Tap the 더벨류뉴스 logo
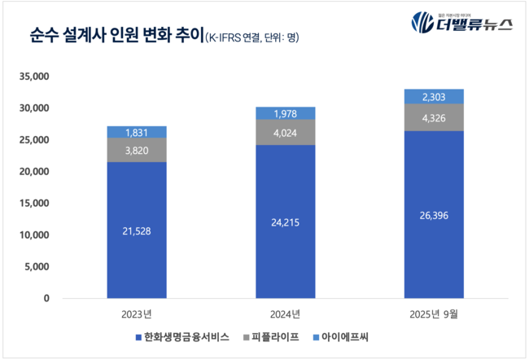[x=461, y=22]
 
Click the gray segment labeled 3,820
[x=137, y=150]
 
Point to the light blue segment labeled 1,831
[x=137, y=132]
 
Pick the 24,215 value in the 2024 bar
[x=286, y=222]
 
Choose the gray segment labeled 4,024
[x=286, y=133]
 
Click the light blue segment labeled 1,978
[x=286, y=113]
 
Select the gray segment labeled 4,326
[x=434, y=117]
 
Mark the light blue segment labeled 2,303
[x=434, y=96]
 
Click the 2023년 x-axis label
[x=137, y=314]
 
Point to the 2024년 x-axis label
[x=286, y=314]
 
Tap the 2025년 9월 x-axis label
[x=434, y=314]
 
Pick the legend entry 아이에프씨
[x=348, y=336]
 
